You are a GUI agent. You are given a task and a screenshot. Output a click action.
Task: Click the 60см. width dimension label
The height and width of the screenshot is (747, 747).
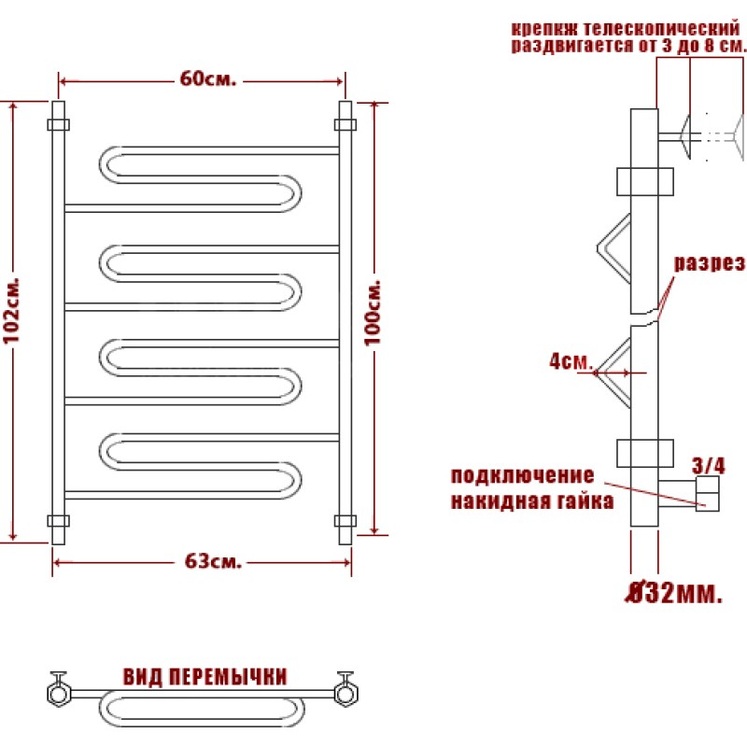point(207,78)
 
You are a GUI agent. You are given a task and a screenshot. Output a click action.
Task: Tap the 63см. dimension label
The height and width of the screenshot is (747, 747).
point(213,561)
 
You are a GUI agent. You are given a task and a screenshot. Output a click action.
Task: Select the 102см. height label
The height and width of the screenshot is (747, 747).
point(12,310)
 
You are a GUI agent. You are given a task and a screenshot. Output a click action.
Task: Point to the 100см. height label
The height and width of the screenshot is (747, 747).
point(373,313)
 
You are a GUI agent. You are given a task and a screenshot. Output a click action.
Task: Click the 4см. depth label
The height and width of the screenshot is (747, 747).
point(571,361)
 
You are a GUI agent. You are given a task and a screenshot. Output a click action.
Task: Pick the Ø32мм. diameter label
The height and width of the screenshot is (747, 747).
point(673,593)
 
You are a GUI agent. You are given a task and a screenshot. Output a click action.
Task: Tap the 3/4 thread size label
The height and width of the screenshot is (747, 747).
point(709,465)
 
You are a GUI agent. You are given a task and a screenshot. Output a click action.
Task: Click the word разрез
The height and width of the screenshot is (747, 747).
point(710,262)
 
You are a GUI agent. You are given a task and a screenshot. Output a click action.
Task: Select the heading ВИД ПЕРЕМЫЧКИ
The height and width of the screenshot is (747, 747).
point(205,676)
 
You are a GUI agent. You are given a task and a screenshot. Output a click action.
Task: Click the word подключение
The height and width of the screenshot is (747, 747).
point(523,475)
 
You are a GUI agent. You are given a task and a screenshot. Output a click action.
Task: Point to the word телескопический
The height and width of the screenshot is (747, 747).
point(661,29)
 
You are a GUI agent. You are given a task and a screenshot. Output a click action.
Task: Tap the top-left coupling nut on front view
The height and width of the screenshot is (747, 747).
point(58,125)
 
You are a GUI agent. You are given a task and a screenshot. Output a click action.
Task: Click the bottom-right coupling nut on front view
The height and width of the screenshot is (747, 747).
point(345,521)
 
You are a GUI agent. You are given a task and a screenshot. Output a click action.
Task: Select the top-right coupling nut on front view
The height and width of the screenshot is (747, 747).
point(345,125)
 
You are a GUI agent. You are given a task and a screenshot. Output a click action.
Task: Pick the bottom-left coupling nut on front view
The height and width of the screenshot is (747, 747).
point(58,521)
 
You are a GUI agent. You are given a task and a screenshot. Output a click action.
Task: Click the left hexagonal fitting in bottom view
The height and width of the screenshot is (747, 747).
point(59,693)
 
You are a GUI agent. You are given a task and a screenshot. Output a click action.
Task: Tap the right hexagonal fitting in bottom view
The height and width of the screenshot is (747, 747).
point(346,693)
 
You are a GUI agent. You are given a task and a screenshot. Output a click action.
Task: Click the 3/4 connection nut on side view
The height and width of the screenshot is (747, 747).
point(708,494)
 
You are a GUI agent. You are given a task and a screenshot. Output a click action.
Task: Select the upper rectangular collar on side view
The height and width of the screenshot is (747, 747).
point(645,181)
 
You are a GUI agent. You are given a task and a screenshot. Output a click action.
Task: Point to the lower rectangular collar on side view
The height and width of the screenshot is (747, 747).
point(645,453)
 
